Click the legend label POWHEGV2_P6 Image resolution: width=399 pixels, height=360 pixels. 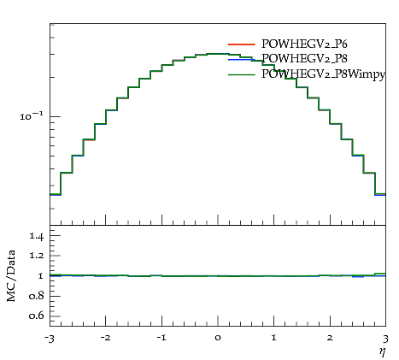[x=304, y=44]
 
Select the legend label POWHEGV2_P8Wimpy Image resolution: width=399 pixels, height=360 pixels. [x=323, y=74]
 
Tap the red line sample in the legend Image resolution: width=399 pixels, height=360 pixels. [x=241, y=44]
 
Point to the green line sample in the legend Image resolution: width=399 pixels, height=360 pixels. [x=241, y=74]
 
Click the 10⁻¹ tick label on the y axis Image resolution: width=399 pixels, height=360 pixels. [x=32, y=115]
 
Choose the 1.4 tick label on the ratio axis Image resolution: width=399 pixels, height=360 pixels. [x=37, y=236]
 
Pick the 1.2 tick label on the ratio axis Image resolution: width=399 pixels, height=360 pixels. [x=37, y=255]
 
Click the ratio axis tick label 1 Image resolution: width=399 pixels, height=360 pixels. [x=41, y=275]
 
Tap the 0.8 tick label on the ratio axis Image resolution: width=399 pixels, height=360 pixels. [x=37, y=296]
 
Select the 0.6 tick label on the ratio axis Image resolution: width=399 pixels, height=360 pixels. [x=37, y=316]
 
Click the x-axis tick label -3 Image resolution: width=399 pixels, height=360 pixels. [x=49, y=339]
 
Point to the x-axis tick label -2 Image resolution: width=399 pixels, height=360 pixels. [x=105, y=338]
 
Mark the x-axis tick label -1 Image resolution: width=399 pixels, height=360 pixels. [x=161, y=338]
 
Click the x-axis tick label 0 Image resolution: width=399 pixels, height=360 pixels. [x=218, y=338]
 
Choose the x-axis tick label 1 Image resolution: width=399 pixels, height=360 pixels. [x=274, y=338]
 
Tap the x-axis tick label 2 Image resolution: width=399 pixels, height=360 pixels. [x=330, y=338]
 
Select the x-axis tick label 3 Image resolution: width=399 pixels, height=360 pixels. [x=385, y=339]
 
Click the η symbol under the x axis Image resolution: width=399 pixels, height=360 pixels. [x=382, y=351]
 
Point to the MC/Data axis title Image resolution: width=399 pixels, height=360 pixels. [x=11, y=275]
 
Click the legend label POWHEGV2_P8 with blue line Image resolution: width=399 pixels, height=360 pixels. [x=304, y=59]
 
